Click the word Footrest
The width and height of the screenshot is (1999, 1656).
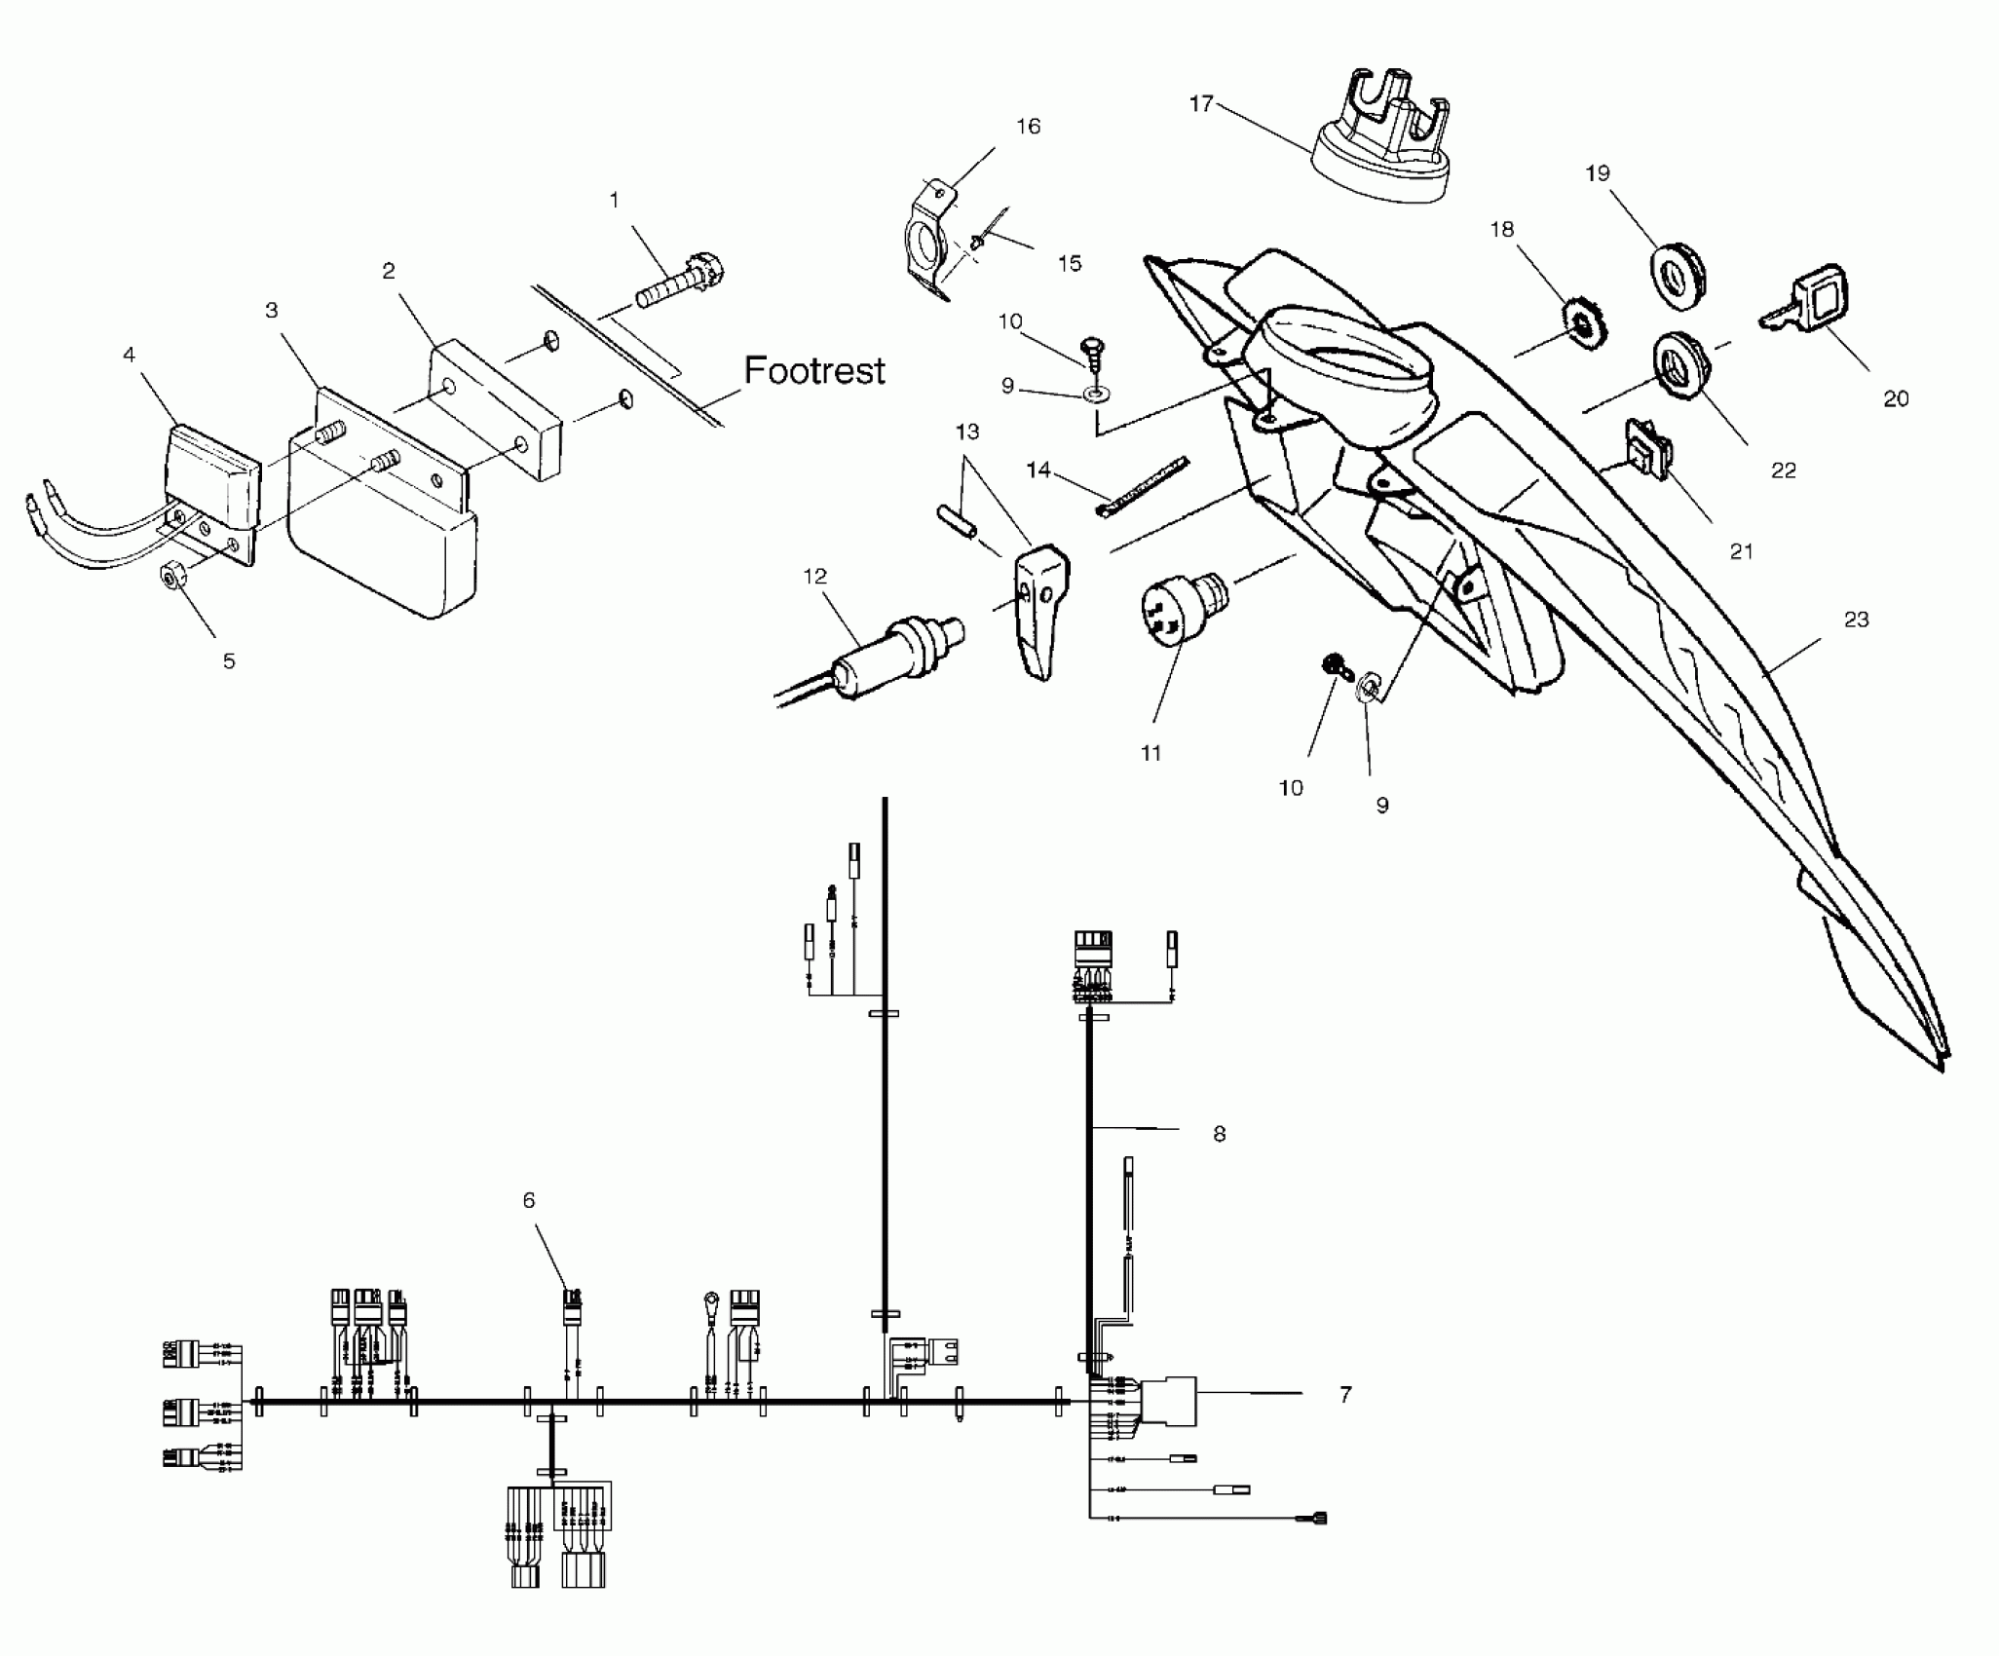tap(814, 371)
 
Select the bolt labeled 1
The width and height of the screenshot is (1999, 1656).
tap(682, 282)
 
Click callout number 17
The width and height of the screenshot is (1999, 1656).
tap(1201, 103)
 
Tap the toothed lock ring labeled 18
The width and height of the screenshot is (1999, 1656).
tap(1583, 321)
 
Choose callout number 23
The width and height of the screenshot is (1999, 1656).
tap(1857, 620)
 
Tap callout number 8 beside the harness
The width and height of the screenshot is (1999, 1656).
tap(1219, 1135)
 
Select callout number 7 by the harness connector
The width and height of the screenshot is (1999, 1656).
tap(1345, 1395)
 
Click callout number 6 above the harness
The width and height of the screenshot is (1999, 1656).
tap(529, 1200)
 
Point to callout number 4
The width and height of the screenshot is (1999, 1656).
tap(130, 356)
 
